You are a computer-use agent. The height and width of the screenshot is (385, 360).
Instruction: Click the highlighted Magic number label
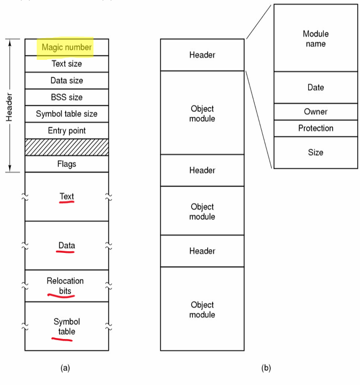click(67, 48)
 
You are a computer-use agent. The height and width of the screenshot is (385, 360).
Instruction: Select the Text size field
click(67, 64)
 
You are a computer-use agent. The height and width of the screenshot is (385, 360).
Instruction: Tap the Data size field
click(67, 81)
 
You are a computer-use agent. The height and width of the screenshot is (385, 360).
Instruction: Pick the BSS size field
click(67, 97)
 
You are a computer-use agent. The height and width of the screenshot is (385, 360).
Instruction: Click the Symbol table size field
click(67, 114)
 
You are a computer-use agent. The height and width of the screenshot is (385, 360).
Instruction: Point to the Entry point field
click(67, 130)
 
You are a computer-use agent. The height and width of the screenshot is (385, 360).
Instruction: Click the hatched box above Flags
click(67, 147)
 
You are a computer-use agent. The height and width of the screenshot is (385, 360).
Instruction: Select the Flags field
click(67, 164)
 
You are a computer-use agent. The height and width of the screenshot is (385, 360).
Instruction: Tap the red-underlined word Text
click(67, 197)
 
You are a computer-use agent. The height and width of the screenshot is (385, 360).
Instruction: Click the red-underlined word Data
click(67, 246)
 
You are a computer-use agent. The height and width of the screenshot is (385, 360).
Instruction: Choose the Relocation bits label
click(65, 286)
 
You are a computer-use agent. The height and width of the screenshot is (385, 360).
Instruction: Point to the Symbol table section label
click(67, 327)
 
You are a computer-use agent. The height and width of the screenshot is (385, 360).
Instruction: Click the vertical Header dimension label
click(9, 105)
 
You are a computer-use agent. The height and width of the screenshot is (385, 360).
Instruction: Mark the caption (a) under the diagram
click(65, 368)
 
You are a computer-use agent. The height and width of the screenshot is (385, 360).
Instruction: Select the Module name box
click(316, 38)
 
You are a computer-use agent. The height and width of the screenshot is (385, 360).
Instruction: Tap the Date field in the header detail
click(316, 88)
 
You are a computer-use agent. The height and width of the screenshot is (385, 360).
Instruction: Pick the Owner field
click(316, 112)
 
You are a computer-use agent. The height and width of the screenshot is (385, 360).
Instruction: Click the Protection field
click(316, 128)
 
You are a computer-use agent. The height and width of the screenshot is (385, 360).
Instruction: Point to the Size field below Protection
click(316, 152)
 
